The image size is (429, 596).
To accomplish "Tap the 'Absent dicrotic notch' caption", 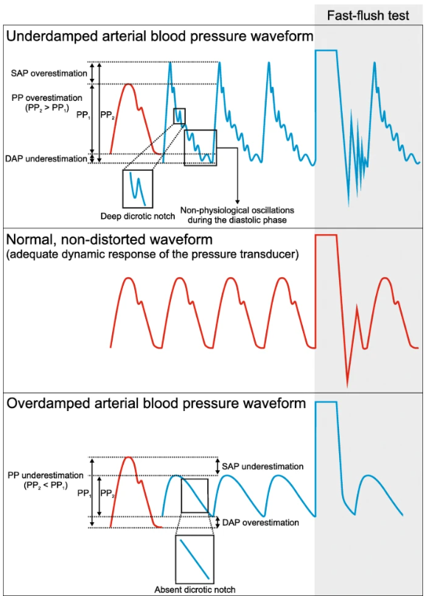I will [194, 589].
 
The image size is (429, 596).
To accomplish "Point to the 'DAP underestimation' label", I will [45, 158].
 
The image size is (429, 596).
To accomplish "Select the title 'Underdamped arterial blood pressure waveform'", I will [158, 35].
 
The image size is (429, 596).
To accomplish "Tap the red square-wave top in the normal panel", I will [326, 235].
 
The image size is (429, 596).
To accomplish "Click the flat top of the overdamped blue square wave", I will [326, 402].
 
